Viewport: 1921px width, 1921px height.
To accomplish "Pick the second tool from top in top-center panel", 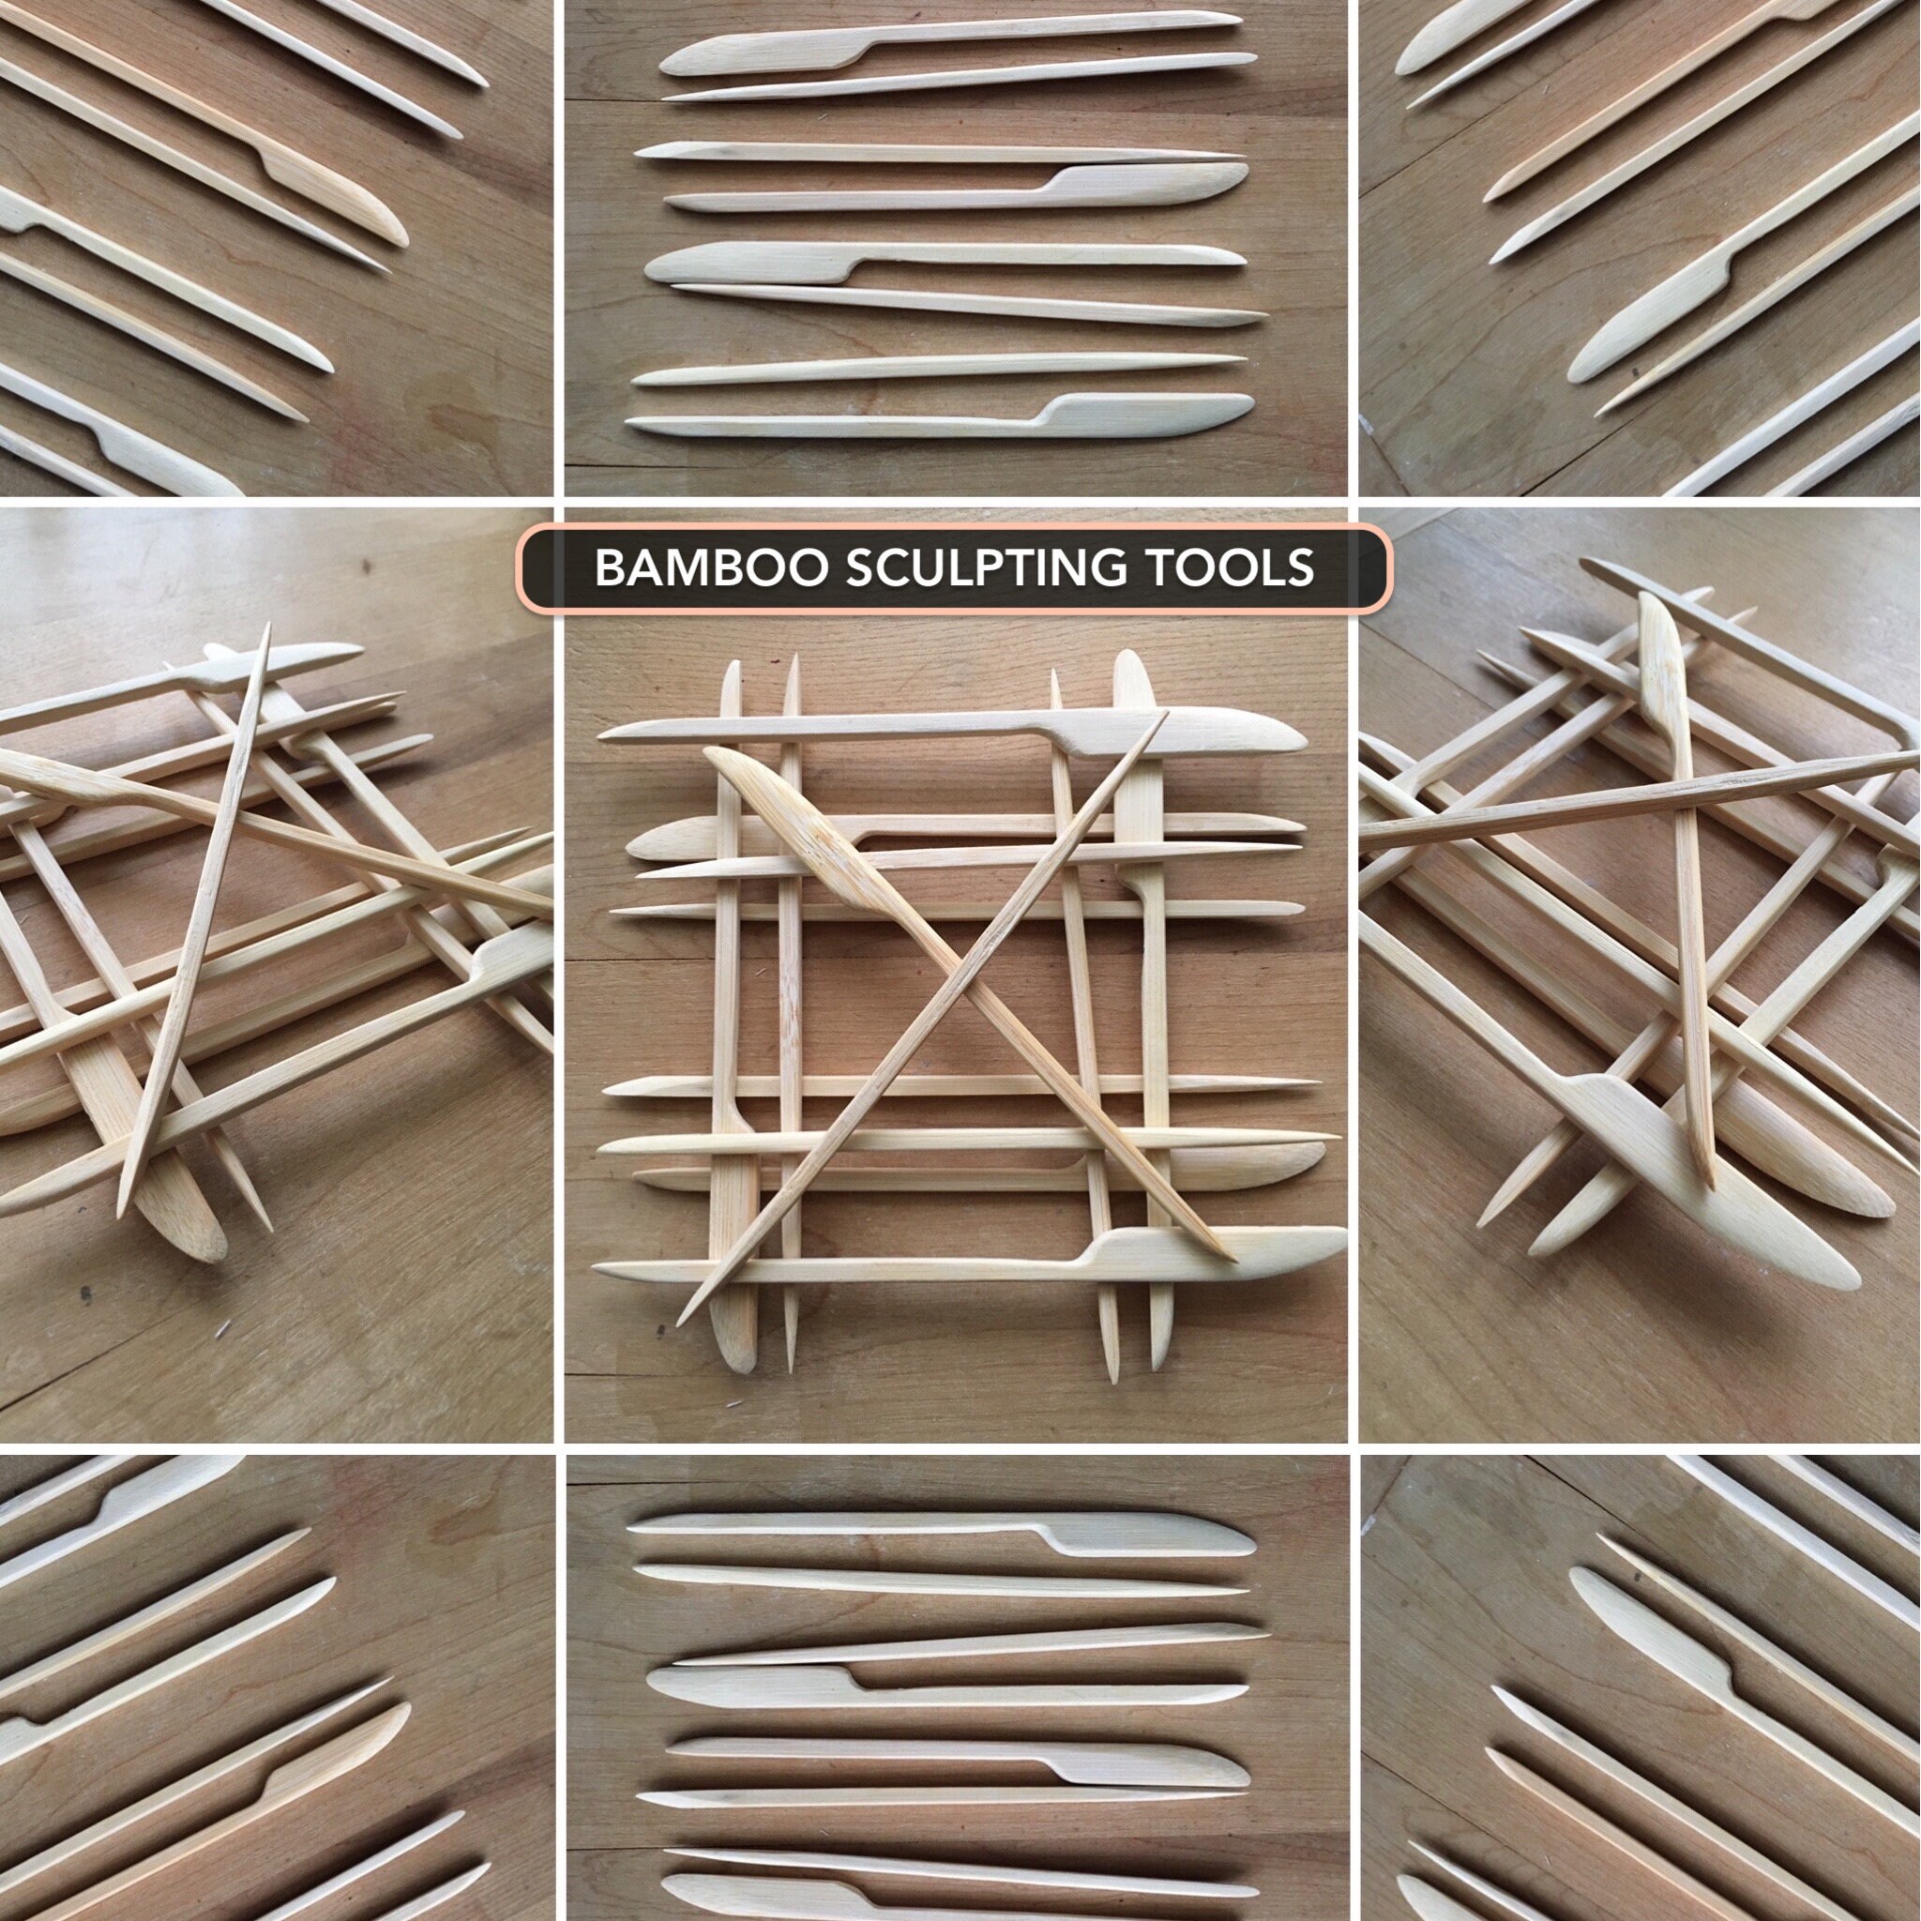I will [x=955, y=77].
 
